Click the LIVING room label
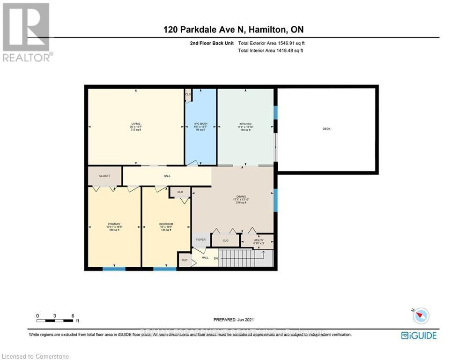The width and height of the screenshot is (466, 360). tap(136, 124)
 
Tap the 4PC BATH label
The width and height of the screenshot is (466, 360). tap(201, 124)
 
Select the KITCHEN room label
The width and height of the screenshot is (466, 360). tap(245, 124)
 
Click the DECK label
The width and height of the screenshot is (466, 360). tap(326, 128)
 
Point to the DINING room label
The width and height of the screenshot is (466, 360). tap(241, 197)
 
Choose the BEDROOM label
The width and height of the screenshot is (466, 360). tap(166, 224)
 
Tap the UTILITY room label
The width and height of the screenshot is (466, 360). tap(259, 240)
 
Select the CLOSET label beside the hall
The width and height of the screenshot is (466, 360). tap(104, 176)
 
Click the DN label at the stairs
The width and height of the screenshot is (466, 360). tap(215, 257)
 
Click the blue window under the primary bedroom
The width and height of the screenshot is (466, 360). tap(114, 269)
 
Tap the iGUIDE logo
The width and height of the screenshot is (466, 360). tap(419, 335)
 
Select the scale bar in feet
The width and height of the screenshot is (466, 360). tap(55, 320)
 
